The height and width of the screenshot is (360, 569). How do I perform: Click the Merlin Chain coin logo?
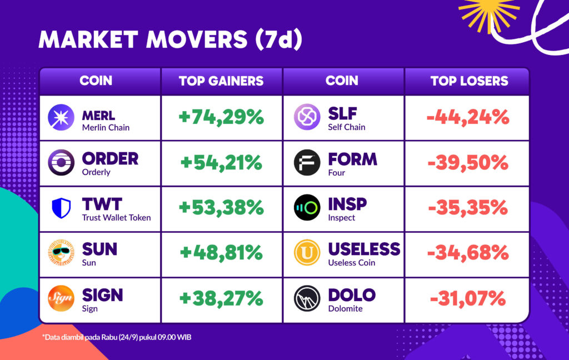[x=61, y=117]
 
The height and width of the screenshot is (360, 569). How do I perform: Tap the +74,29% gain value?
[x=221, y=117]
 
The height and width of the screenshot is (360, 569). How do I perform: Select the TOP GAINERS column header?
[x=221, y=81]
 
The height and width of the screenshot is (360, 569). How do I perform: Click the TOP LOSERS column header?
[x=469, y=81]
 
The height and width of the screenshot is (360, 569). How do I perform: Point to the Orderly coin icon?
[x=61, y=162]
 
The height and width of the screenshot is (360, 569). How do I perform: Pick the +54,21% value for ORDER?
[x=221, y=162]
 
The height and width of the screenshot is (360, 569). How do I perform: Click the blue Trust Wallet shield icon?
[x=61, y=208]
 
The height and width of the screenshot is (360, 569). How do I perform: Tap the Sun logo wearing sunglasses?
[x=61, y=253]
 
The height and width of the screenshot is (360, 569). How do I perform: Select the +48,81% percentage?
[x=221, y=253]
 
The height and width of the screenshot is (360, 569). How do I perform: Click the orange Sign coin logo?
[x=61, y=298]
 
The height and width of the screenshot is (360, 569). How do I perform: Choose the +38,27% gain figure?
[x=221, y=298]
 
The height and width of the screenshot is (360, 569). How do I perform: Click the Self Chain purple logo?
[x=307, y=117]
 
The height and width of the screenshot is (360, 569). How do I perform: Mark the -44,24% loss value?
[x=468, y=117]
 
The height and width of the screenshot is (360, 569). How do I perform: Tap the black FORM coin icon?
[x=307, y=163]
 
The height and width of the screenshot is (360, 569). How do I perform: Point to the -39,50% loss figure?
[x=468, y=162]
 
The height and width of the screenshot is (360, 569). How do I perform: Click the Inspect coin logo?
[x=307, y=208]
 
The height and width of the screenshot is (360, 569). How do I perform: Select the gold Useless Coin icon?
[x=307, y=253]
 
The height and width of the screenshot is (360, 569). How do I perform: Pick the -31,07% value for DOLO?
[x=468, y=298]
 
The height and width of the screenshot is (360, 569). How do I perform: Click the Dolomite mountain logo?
[x=307, y=298]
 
